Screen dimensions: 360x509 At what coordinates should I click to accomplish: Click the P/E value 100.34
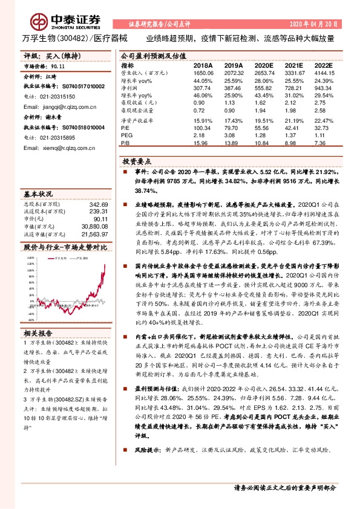pyautogui.click(x=203, y=128)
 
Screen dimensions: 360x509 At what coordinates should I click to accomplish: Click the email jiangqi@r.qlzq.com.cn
pyautogui.click(x=51, y=103)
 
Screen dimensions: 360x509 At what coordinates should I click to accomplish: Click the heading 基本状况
pyautogui.click(x=37, y=195)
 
